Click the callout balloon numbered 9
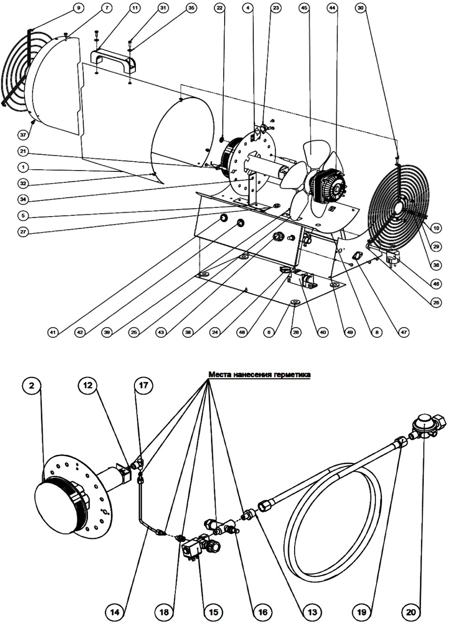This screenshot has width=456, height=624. click(78, 8)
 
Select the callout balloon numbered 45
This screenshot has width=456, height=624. click(305, 8)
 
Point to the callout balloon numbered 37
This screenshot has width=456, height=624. click(23, 135)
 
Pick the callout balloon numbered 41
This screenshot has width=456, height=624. click(54, 332)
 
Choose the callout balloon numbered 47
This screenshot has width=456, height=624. click(404, 332)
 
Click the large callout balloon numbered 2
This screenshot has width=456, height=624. click(32, 386)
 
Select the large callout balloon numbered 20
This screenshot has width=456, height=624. click(411, 611)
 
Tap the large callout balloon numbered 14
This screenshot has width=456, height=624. click(116, 611)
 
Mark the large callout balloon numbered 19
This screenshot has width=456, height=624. click(362, 611)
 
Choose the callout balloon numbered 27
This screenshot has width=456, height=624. click(23, 232)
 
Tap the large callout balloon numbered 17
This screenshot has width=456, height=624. click(144, 386)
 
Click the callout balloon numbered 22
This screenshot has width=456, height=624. click(220, 8)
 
